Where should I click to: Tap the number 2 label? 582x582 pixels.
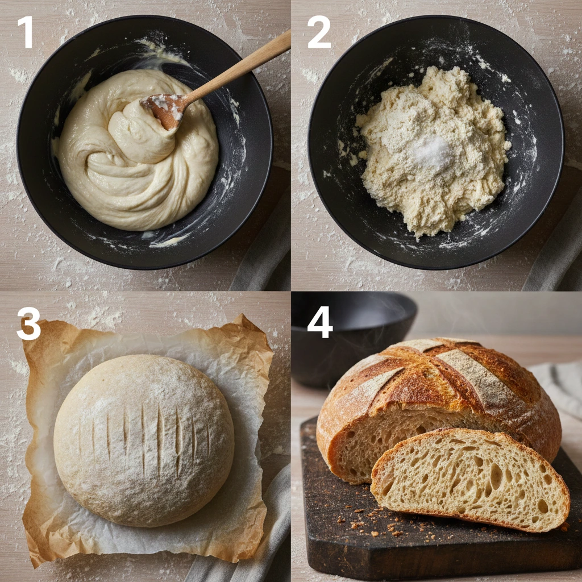click(319, 33)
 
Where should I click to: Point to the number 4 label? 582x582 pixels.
click(320, 324)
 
